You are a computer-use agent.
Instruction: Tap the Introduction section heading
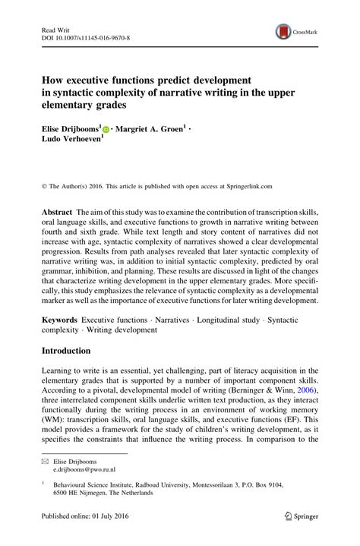coord(60,351)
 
